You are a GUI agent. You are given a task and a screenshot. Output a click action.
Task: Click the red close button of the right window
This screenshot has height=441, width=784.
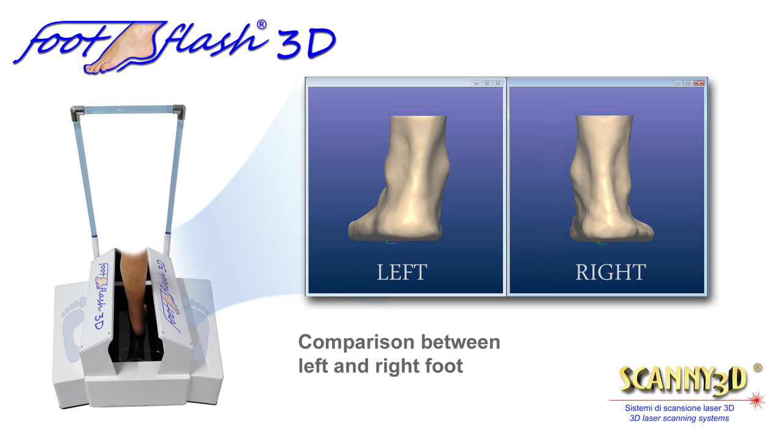coord(699,83)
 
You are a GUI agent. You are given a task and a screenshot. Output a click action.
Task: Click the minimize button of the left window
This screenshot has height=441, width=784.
coord(477,83)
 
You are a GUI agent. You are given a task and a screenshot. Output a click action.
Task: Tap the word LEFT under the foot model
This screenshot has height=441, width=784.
coord(402,272)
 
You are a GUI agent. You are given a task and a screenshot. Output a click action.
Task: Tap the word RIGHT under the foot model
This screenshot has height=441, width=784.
coord(611,272)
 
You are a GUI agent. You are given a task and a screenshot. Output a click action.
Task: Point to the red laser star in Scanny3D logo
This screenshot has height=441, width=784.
coord(756,400)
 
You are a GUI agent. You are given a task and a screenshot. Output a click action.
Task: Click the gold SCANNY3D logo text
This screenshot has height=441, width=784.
coord(682,380)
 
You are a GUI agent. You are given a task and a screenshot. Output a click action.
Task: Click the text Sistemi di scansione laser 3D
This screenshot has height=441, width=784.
coord(679,408)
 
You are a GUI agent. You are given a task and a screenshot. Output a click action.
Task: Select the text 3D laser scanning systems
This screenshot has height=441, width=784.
coord(679,418)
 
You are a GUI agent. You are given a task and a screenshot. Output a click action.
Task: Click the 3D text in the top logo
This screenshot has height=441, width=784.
coord(307,43)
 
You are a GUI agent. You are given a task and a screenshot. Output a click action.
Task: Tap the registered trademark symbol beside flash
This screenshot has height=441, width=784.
coord(262,24)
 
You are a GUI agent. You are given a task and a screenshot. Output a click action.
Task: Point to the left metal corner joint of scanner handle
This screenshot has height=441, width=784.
coord(77,113)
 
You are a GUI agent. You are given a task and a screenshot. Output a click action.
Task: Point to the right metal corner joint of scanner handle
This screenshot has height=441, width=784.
coord(179,111)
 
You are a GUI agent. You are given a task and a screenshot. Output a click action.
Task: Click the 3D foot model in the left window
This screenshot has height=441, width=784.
coord(399,178)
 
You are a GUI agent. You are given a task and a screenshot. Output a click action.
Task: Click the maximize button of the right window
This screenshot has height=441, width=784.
coord(688,83)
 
